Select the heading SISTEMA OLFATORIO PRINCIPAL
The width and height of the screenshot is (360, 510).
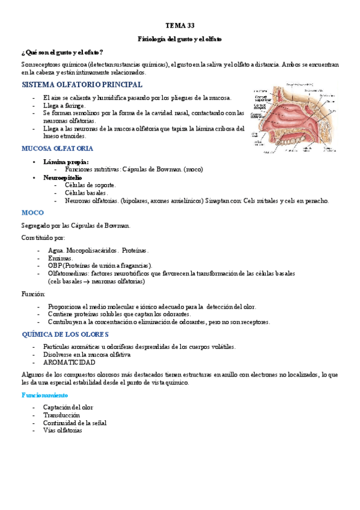[82, 85]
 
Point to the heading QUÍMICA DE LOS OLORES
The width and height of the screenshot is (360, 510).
[64, 334]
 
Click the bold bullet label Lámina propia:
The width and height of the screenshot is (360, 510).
[66, 161]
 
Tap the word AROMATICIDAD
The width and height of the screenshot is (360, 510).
[69, 363]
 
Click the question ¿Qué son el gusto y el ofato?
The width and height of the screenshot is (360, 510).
[61, 52]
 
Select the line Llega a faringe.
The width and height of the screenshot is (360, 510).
[65, 105]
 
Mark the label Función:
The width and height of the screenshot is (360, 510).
[33, 293]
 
